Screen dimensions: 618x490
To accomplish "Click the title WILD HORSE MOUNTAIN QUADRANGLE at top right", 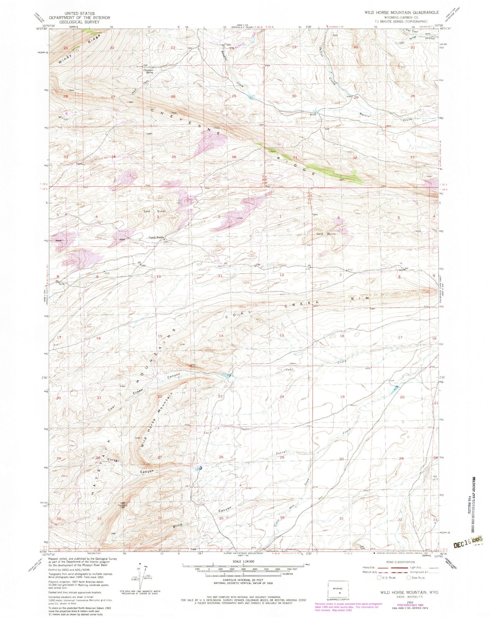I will pyautogui.click(x=401, y=12).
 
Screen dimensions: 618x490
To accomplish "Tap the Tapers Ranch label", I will pyautogui.click(x=156, y=237).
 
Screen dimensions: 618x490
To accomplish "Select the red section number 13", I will pyautogui.click(x=281, y=335).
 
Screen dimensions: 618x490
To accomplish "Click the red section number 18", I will pyautogui.click(x=342, y=336).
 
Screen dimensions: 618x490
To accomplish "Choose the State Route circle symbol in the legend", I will pyautogui.click(x=409, y=578).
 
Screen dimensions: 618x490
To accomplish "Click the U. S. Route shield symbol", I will pyautogui.click(x=379, y=578).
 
